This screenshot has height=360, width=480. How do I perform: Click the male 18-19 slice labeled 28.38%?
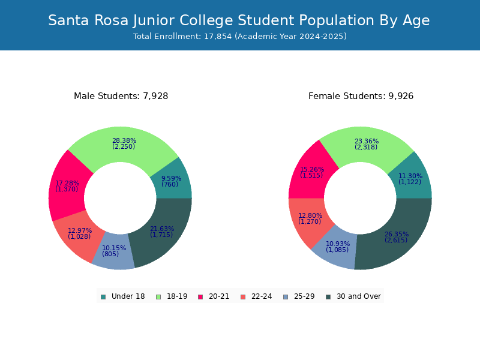click(124, 144)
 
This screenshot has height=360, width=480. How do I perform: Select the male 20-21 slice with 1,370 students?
click(67, 186)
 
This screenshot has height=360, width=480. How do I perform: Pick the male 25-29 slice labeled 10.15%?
click(114, 251)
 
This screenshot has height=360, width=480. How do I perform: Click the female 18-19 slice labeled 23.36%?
click(367, 144)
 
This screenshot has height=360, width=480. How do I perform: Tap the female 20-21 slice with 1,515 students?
click(311, 172)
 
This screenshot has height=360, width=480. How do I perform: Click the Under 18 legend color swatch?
click(103, 297)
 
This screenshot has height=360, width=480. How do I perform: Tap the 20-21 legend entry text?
click(219, 296)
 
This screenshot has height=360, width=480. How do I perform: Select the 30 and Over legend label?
click(359, 296)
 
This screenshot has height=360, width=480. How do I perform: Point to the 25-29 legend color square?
click(286, 297)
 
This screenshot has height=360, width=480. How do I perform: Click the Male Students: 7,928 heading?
click(121, 96)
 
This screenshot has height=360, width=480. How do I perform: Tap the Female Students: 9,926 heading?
click(361, 96)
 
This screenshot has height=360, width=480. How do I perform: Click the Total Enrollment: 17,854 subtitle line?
click(240, 37)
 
